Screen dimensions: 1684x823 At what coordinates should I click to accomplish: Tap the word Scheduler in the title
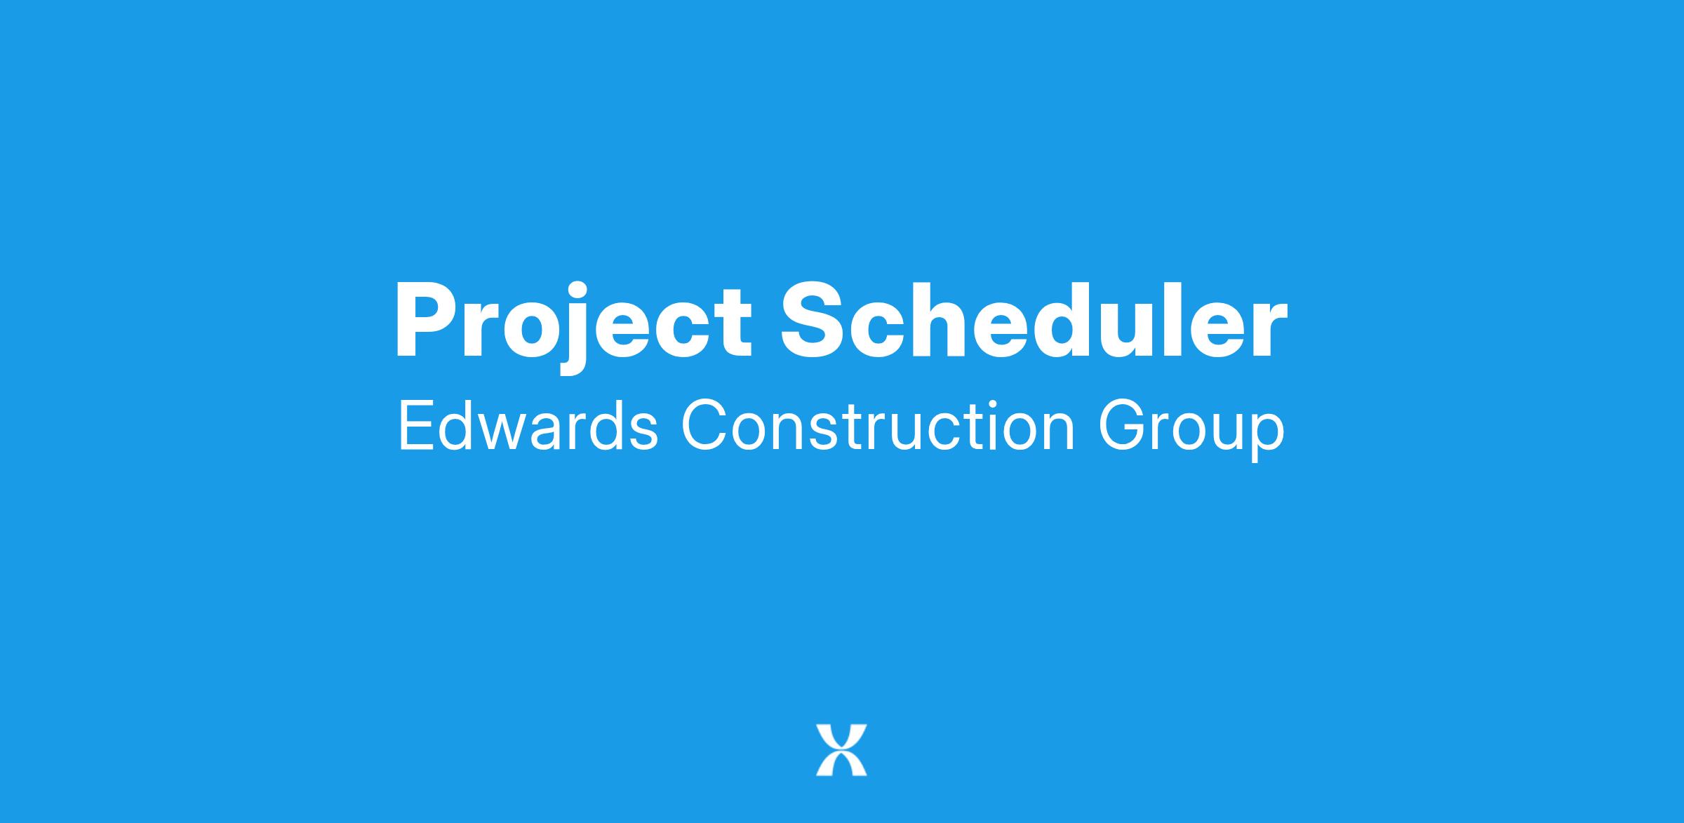click(x=1035, y=320)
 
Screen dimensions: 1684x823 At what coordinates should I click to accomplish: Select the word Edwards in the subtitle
click(x=528, y=426)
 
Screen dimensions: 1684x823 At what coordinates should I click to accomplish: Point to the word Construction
click(x=878, y=426)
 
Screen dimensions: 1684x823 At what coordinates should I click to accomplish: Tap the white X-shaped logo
click(x=841, y=750)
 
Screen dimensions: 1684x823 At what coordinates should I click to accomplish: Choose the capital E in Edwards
click(x=415, y=426)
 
